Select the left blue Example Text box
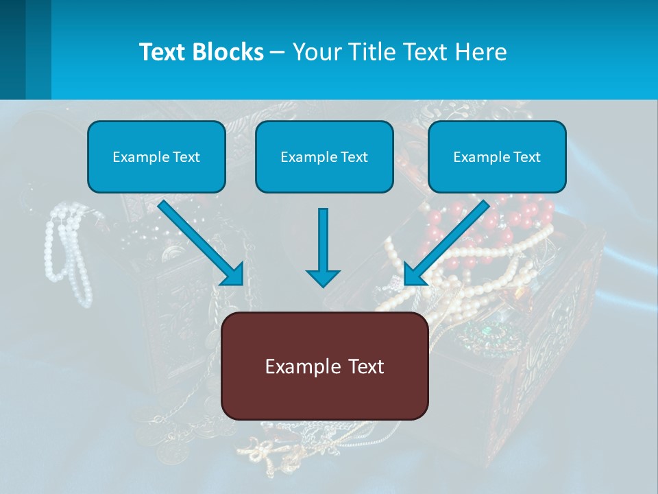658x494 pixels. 156,157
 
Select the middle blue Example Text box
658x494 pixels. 324,157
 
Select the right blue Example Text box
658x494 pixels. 497,157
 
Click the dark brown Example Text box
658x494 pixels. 325,366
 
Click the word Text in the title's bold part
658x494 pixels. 164,52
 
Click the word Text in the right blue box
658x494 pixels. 526,157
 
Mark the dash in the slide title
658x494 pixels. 278,52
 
